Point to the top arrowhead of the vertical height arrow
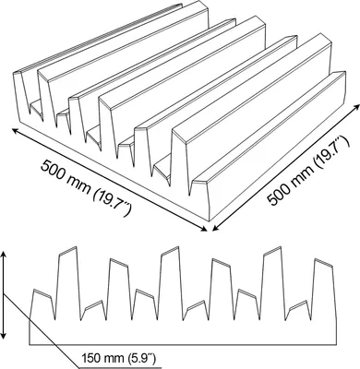(x=4, y=255)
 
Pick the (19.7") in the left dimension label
(x=112, y=200)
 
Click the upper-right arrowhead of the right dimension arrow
(x=357, y=105)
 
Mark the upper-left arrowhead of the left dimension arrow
(x=15, y=130)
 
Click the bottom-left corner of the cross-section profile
(x=30, y=344)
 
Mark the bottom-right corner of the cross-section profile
(x=336, y=344)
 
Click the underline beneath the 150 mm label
(x=120, y=367)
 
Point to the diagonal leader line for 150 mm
(x=41, y=330)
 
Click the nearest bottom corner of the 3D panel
(x=210, y=221)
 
